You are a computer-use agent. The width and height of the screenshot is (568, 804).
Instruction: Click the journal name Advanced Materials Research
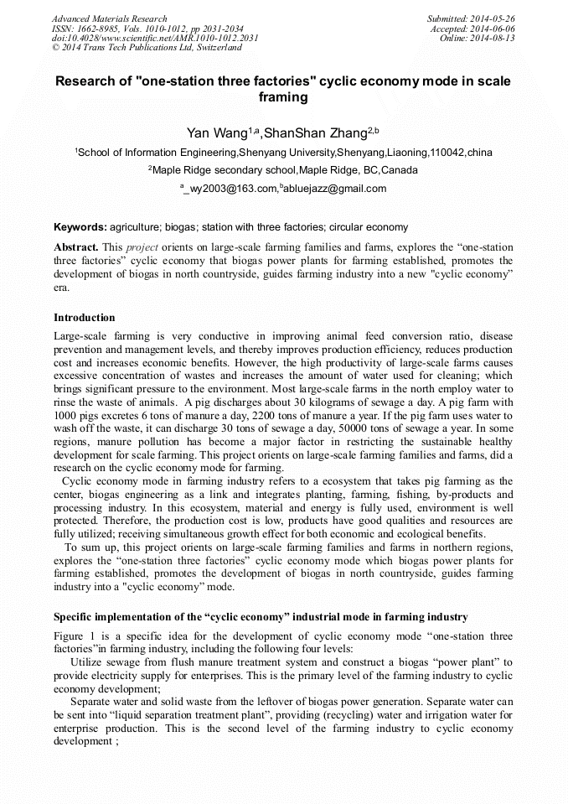coord(109,18)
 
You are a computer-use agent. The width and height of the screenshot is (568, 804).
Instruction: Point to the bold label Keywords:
coord(80,227)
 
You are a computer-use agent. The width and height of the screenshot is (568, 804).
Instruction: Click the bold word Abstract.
coord(75,248)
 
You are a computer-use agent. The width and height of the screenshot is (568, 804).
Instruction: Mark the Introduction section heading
coord(85,318)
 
